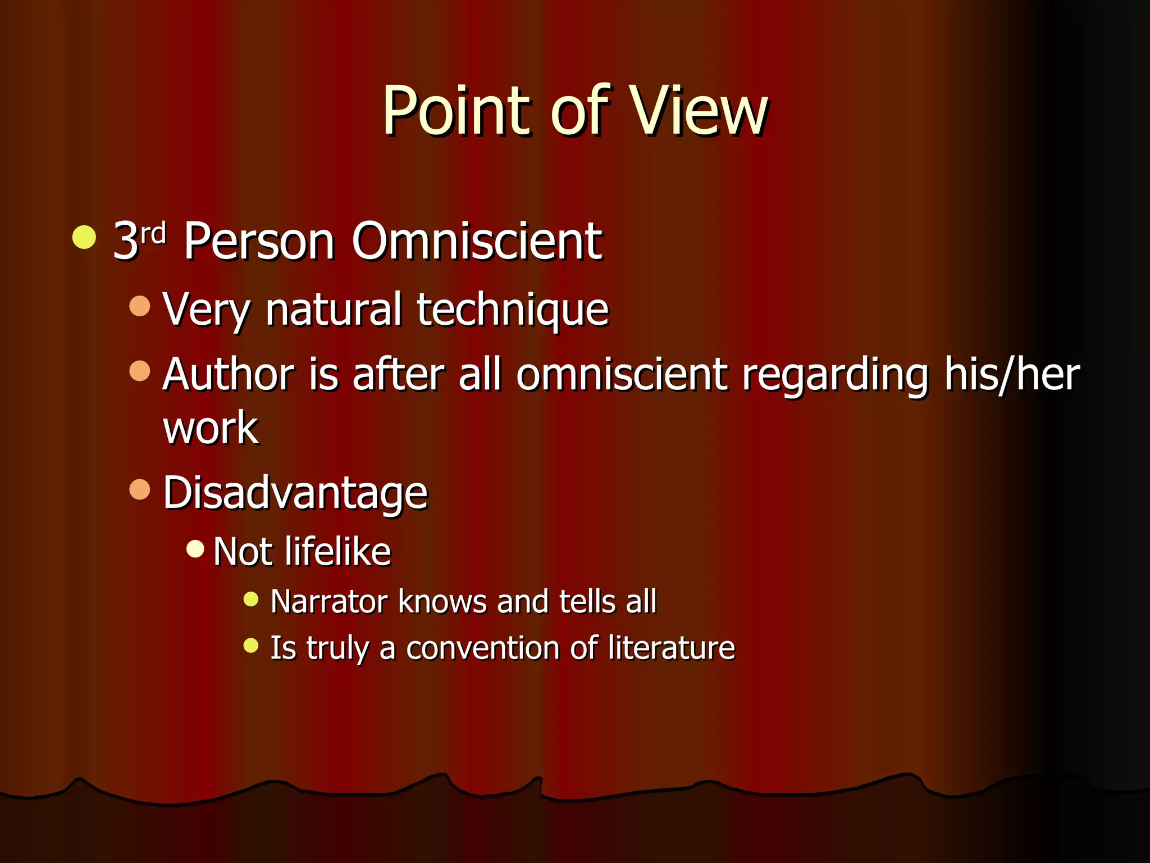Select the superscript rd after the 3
pos(153,232)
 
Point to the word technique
pos(512,310)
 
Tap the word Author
pos(228,374)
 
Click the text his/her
pos(1011,374)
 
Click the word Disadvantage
pos(295,493)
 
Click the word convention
pos(482,648)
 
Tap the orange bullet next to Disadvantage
pos(140,489)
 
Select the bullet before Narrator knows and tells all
pos(250,599)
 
